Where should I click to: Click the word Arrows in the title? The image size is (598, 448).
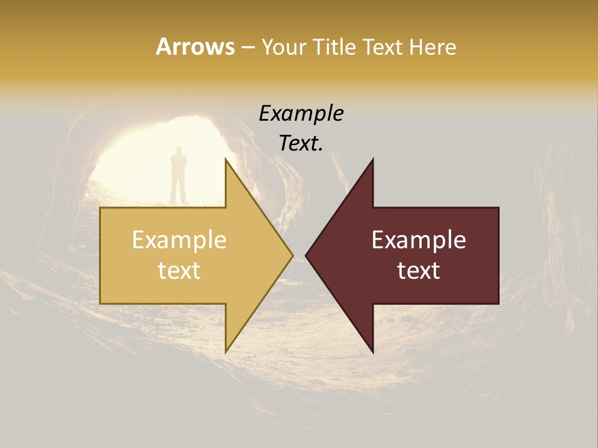(195, 47)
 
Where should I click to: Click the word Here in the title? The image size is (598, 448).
(432, 47)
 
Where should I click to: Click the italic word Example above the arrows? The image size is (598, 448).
(301, 114)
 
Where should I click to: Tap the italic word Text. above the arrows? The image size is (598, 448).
(301, 144)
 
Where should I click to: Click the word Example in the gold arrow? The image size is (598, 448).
(179, 240)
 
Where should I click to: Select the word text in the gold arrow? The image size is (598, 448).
(179, 271)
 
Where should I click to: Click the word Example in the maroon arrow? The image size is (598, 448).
(419, 240)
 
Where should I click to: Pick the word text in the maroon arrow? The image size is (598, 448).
(419, 271)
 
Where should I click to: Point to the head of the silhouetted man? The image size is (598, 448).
(179, 151)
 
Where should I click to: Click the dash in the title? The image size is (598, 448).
(247, 47)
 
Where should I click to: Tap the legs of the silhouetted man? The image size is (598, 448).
(179, 189)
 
